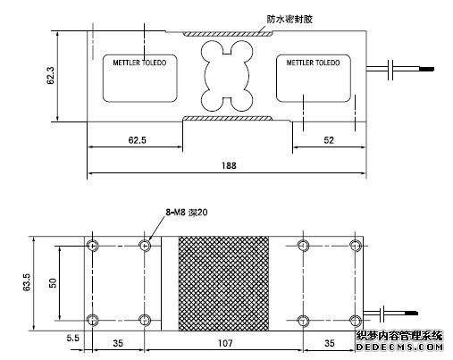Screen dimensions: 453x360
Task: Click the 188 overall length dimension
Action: pyautogui.click(x=229, y=165)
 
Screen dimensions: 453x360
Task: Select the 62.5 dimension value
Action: pyautogui.click(x=138, y=140)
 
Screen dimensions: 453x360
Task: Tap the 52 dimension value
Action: pyautogui.click(x=329, y=140)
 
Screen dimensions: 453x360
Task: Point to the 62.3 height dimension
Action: pyautogui.click(x=51, y=75)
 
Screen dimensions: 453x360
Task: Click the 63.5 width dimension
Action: pyautogui.click(x=27, y=281)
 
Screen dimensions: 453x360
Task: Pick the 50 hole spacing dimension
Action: pyautogui.click(x=53, y=282)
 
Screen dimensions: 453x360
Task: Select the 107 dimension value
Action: pyautogui.click(x=225, y=343)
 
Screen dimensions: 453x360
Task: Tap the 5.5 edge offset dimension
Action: pyautogui.click(x=73, y=338)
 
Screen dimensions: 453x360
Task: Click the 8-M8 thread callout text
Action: pyautogui.click(x=187, y=213)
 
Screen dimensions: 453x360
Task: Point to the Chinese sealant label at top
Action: pyautogui.click(x=289, y=20)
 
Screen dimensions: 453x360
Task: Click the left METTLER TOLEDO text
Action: pyautogui.click(x=139, y=63)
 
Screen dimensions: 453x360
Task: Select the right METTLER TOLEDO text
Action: pyautogui.click(x=313, y=63)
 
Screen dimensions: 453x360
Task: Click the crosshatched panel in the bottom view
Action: pyautogui.click(x=223, y=283)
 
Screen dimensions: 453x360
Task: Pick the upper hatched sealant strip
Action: pyautogui.click(x=228, y=34)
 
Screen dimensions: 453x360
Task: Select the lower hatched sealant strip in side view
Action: pyautogui.click(x=228, y=119)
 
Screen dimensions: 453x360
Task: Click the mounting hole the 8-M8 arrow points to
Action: pyautogui.click(x=145, y=246)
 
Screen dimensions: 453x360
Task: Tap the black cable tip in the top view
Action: pyautogui.click(x=426, y=69)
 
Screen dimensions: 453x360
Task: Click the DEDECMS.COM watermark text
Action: pyautogui.click(x=399, y=347)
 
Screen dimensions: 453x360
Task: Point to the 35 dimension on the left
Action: pyautogui.click(x=118, y=343)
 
